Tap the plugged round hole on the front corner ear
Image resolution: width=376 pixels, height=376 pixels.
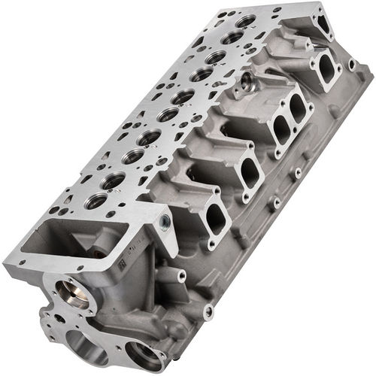(165, 222)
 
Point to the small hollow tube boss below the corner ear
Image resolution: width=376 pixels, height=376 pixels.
(180, 277)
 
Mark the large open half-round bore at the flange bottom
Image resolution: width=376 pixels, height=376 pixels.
(90, 350)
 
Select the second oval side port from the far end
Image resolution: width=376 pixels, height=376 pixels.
(301, 109)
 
